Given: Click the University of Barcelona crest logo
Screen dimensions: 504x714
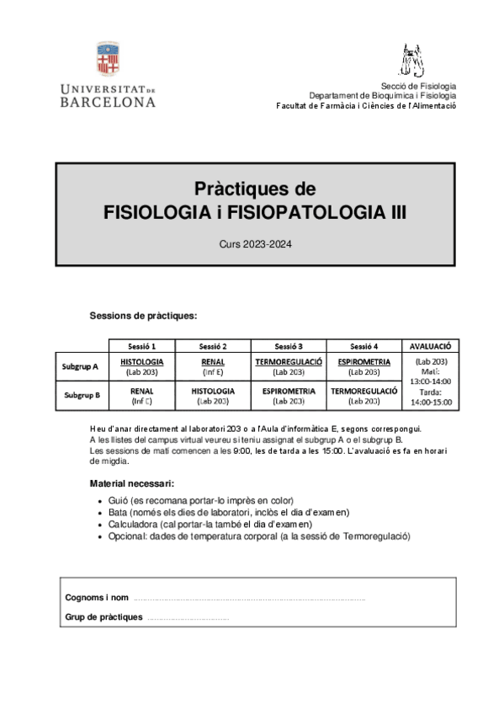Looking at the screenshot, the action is pyautogui.click(x=108, y=59).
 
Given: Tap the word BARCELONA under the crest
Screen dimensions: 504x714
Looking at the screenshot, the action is pyautogui.click(x=108, y=102).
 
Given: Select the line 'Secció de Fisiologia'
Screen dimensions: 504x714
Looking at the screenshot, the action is pyautogui.click(x=418, y=86).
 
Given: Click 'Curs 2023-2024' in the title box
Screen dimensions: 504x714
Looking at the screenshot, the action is pyautogui.click(x=254, y=244).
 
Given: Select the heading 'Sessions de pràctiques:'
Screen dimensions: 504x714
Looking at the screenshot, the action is pyautogui.click(x=143, y=316).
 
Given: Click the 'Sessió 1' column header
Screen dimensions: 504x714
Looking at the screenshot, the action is pyautogui.click(x=141, y=345).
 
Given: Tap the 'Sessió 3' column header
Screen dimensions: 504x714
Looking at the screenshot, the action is pyautogui.click(x=289, y=345).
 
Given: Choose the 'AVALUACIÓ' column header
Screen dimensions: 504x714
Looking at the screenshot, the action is pyautogui.click(x=430, y=345).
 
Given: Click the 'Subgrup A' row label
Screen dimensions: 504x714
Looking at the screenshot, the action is pyautogui.click(x=81, y=366).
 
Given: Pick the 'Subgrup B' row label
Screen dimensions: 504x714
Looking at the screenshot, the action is pyautogui.click(x=81, y=394).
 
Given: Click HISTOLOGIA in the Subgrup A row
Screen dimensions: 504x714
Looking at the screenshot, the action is pyautogui.click(x=141, y=361).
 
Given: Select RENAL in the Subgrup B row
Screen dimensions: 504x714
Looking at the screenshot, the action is pyautogui.click(x=141, y=391).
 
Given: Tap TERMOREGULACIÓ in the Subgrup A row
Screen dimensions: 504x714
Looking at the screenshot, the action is pyautogui.click(x=289, y=361).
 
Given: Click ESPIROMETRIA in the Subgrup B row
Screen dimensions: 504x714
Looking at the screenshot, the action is pyautogui.click(x=289, y=391).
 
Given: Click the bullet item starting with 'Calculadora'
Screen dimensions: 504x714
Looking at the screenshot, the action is pyautogui.click(x=210, y=524).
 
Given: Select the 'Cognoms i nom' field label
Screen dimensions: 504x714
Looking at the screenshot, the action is pyautogui.click(x=97, y=597).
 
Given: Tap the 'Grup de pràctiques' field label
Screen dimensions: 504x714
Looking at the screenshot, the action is pyautogui.click(x=103, y=617).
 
